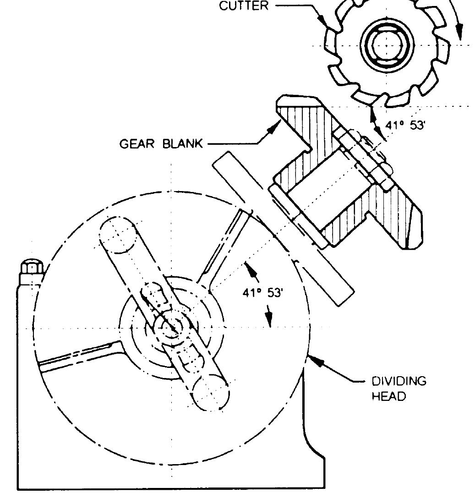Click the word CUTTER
point(244,6)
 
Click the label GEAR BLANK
point(161,143)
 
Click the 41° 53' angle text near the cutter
point(405,125)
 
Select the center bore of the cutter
point(387,45)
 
